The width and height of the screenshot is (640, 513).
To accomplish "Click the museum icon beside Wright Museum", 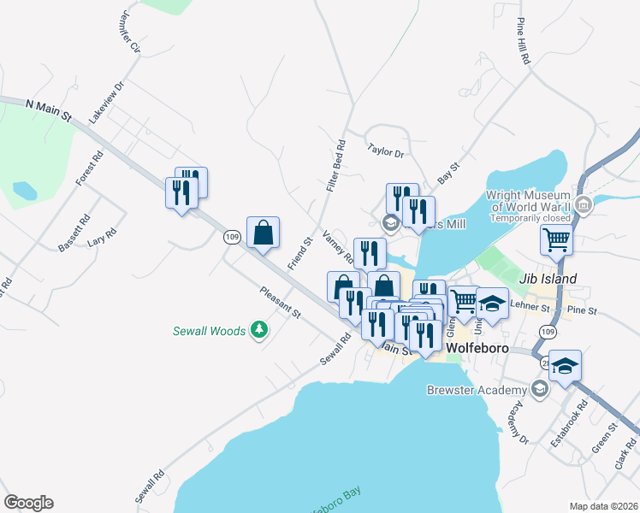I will click(584, 204).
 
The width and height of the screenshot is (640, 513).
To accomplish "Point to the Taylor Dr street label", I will click(385, 151).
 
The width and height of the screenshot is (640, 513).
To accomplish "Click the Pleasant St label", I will click(281, 302).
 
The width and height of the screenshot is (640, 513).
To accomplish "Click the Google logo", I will click(28, 503).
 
